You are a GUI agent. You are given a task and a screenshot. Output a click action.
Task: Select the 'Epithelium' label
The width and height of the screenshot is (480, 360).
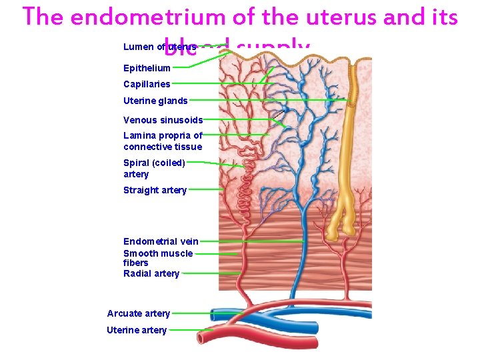(x=147, y=68)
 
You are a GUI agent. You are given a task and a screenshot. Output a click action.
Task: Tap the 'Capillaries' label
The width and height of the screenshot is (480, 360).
(x=147, y=84)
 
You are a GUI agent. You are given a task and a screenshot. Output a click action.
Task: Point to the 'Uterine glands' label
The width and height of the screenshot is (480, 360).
(x=155, y=101)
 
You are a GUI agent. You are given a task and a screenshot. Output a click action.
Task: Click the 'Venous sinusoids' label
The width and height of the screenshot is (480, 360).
(x=163, y=120)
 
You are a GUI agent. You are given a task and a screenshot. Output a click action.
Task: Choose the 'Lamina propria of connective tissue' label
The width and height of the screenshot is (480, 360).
(x=163, y=141)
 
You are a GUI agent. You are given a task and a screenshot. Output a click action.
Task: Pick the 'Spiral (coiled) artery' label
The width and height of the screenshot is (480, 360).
(x=154, y=168)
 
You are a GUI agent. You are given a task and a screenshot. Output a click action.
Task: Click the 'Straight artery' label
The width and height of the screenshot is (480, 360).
(x=155, y=190)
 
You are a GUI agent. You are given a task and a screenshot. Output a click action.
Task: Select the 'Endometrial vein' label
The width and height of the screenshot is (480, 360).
(x=161, y=241)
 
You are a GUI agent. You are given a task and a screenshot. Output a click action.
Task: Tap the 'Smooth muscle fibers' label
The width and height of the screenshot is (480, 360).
(x=158, y=258)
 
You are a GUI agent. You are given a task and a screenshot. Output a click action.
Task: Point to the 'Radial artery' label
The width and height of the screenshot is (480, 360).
(x=151, y=273)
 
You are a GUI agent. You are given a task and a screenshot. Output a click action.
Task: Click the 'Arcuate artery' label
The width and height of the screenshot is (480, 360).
(x=139, y=313)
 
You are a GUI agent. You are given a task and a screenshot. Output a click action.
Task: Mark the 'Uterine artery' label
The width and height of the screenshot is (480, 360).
(x=137, y=330)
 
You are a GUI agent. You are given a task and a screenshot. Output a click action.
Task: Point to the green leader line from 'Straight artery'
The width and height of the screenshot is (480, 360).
(x=205, y=190)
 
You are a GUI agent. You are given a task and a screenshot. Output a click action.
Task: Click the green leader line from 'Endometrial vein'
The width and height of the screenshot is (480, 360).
(x=250, y=241)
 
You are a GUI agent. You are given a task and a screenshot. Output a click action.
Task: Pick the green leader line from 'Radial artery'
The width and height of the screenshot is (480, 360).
(x=210, y=273)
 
